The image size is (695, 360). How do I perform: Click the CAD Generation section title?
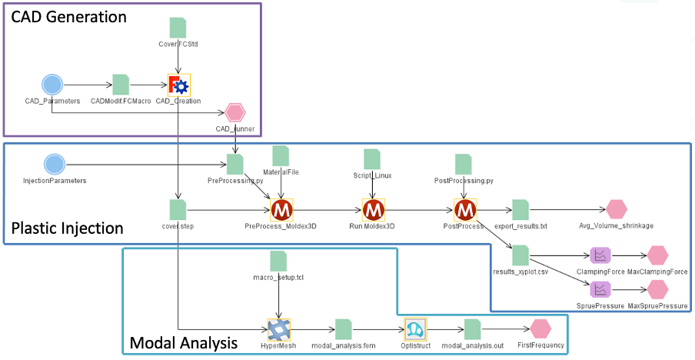tap(68, 15)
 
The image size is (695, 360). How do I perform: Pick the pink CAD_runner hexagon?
tap(234, 113)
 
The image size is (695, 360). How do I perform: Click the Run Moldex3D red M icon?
tap(374, 209)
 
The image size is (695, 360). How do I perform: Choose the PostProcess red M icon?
tap(465, 209)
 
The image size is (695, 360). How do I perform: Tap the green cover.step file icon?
tap(178, 209)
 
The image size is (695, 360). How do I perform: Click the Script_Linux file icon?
tap(373, 159)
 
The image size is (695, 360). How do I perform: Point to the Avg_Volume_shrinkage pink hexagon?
tap(617, 209)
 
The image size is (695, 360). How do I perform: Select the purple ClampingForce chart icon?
tap(600, 255)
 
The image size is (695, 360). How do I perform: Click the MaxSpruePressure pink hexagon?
tap(657, 289)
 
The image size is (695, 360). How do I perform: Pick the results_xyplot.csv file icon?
tap(520, 255)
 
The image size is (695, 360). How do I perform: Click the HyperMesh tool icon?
tap(278, 329)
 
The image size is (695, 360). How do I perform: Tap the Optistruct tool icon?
tap(415, 329)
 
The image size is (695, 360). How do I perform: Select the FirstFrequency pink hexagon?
tap(540, 329)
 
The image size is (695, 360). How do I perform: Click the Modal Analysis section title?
tap(182, 342)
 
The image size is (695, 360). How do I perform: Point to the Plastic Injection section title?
tap(67, 228)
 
